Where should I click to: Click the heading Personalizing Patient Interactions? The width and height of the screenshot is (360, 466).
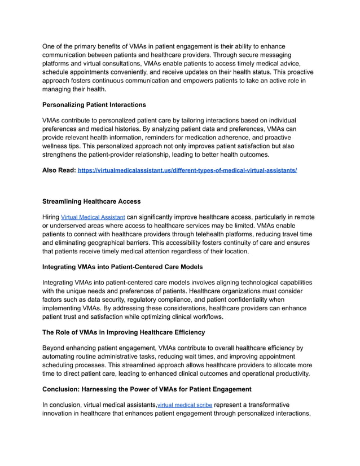[94, 105]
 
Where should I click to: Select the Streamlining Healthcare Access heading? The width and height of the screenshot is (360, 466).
[91, 201]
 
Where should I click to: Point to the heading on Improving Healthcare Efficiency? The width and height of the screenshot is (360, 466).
[124, 332]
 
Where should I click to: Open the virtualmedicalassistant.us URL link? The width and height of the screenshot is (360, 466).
[187, 170]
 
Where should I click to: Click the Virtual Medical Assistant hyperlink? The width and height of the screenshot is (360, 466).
[93, 217]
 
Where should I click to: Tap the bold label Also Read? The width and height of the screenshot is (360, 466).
[59, 170]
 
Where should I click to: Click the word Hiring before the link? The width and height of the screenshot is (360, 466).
[51, 217]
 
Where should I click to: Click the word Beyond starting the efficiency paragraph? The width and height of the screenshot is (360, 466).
[56, 348]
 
